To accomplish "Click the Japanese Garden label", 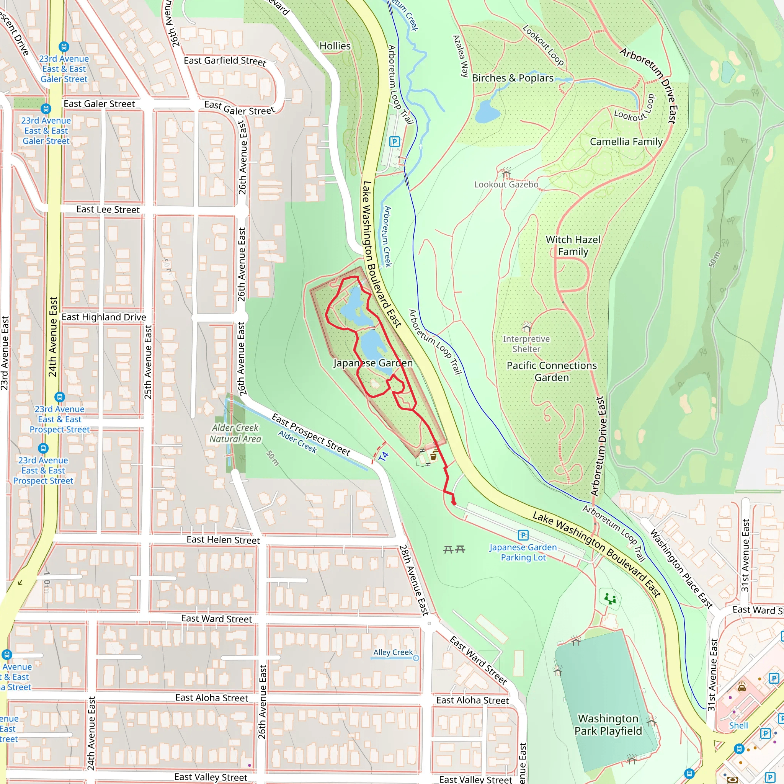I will [373, 363].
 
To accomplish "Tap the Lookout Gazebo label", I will [506, 185].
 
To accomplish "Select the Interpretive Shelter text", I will [526, 344].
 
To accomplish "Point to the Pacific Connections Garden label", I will [552, 371].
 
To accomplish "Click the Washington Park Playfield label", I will [608, 725].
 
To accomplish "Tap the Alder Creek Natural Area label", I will [235, 433].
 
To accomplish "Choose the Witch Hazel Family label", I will [573, 245].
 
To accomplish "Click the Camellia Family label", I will [626, 142].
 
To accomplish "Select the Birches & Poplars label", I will [513, 78].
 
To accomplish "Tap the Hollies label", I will [335, 46].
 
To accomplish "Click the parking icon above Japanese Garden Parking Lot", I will [523, 535].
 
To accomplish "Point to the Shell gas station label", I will [738, 725].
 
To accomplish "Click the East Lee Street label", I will [108, 209].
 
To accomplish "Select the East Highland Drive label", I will [104, 317].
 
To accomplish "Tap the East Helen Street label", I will [223, 540].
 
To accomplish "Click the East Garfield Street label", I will [225, 61].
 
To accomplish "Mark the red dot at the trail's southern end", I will [454, 503].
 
